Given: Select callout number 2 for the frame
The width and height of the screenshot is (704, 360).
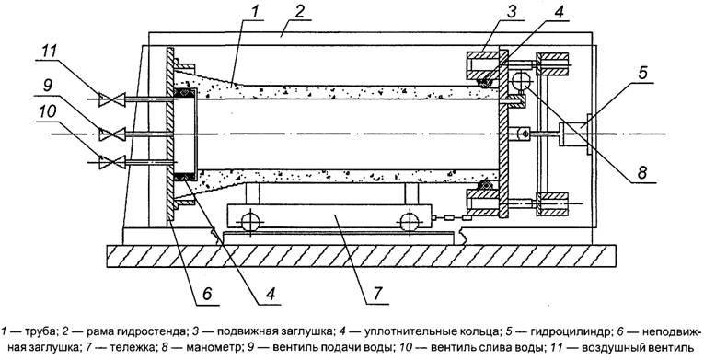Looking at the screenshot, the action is [299, 12].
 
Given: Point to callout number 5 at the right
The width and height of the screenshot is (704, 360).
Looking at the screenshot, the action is [642, 73].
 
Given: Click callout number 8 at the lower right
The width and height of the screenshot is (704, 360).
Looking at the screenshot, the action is [642, 173].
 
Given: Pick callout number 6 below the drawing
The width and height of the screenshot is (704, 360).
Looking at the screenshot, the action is [206, 294].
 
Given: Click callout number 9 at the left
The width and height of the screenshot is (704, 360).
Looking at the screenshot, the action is [47, 86].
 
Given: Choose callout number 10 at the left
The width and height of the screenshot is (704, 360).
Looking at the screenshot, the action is [48, 112].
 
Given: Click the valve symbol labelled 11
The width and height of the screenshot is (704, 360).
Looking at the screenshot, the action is [112, 99].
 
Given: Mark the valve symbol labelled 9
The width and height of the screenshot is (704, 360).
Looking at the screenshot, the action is [112, 134].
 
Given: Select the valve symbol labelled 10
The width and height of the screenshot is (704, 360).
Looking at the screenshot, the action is [112, 162].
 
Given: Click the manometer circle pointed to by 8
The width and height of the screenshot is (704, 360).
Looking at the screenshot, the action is [521, 81].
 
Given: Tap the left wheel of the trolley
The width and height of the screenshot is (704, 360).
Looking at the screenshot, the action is [250, 222].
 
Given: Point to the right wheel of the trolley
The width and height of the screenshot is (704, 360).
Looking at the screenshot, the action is [409, 222].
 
